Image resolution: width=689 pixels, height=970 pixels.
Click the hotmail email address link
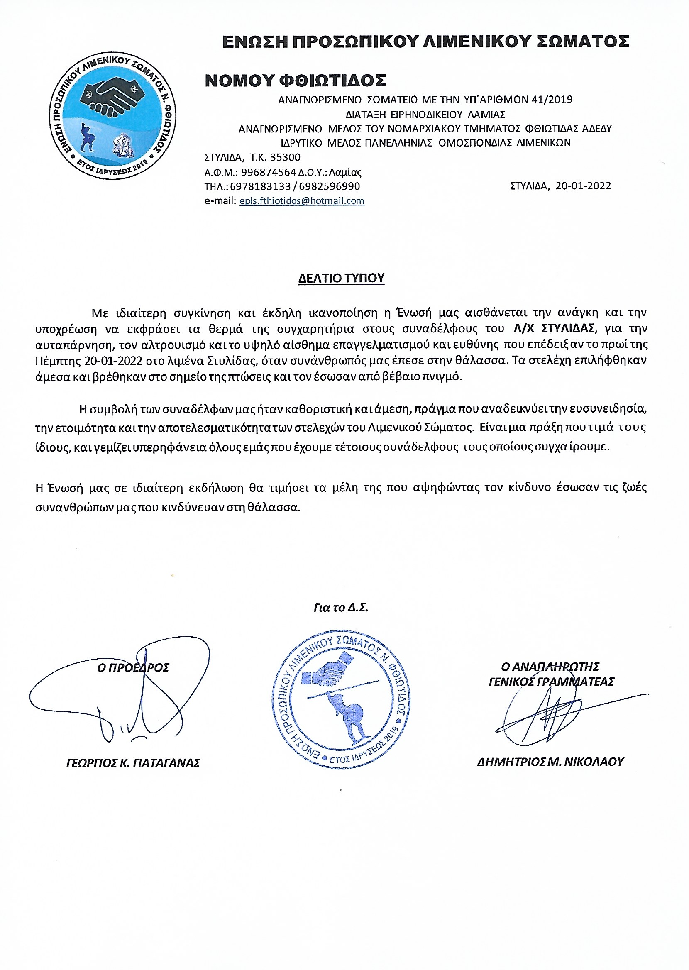tap(302, 200)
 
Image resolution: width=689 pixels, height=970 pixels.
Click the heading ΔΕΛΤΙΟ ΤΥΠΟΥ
tap(341, 278)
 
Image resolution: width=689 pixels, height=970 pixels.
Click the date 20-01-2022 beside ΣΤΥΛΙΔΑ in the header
tap(583, 186)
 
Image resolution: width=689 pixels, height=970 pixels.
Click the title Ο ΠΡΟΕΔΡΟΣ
tap(133, 667)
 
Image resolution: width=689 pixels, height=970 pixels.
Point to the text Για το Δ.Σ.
tap(341, 608)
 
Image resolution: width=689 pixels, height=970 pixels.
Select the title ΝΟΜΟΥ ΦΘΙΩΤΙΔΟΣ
tap(295, 81)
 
